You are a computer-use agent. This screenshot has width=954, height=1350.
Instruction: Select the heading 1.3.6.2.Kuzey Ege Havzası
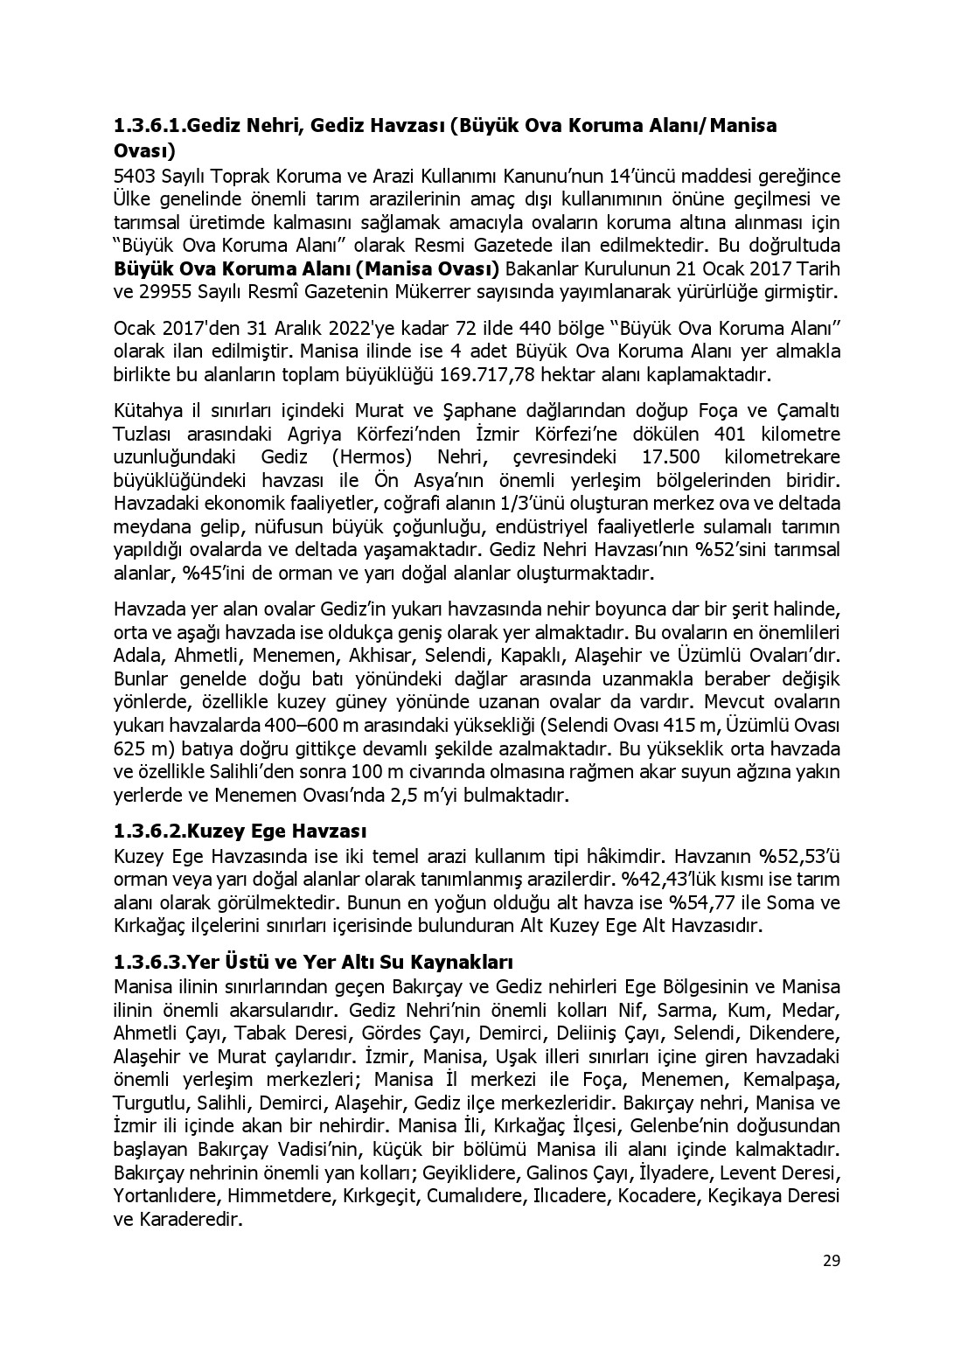pos(240,830)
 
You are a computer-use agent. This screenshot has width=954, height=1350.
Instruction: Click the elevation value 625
pos(130,749)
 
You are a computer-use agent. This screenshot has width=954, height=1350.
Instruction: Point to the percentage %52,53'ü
pos(799,854)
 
